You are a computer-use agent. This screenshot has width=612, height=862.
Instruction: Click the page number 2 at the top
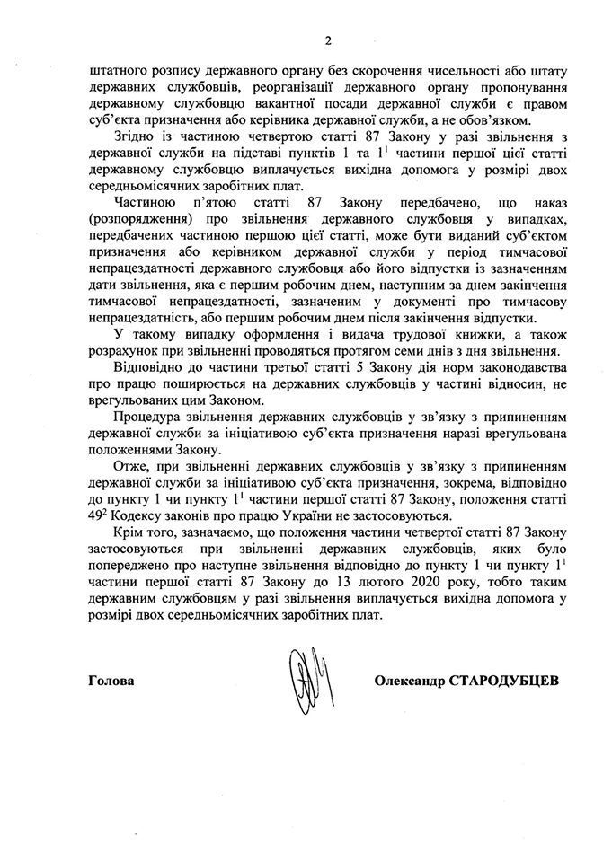tap(305, 40)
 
